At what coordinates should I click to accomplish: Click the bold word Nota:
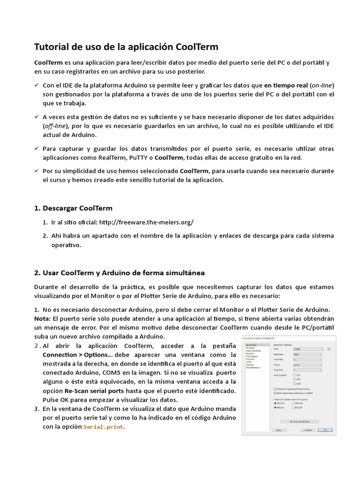(43, 319)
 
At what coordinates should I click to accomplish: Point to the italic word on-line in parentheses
(321, 85)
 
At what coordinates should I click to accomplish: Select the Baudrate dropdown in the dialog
(307, 354)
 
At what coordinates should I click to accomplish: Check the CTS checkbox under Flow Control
(294, 375)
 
